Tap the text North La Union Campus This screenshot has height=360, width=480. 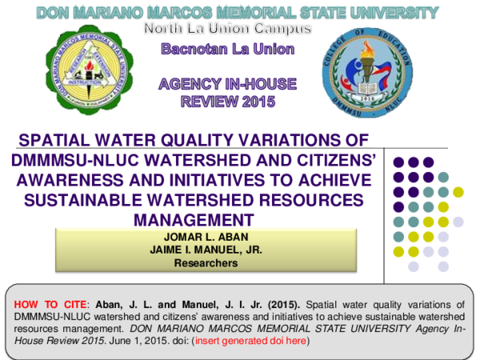click(227, 29)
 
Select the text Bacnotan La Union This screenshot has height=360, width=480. click(228, 50)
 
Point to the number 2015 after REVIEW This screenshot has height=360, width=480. click(257, 102)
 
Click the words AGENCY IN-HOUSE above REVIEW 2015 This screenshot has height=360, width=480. click(227, 85)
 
